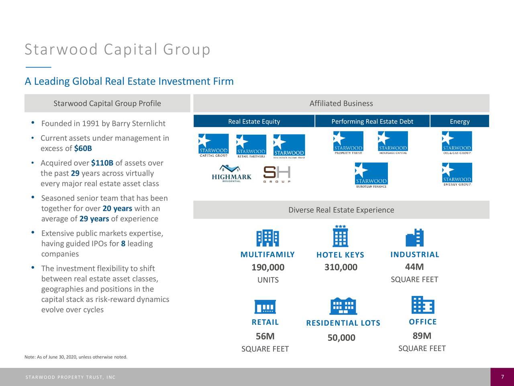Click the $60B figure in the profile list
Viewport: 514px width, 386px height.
83,149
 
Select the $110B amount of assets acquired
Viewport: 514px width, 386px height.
102,163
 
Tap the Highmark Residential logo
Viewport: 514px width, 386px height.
231,174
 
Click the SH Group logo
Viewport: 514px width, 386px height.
277,174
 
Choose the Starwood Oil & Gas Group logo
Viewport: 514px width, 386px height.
457,143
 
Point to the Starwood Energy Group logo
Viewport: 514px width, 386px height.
457,174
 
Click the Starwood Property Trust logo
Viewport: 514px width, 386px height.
348,143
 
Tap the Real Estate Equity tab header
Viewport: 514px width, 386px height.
254,121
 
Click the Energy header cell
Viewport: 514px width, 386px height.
459,121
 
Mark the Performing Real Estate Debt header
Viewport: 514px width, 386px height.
372,121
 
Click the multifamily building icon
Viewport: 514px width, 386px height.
267,238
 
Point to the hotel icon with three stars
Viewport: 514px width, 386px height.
341,236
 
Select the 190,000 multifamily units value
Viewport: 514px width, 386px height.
268,268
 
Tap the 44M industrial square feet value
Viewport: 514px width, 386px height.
414,267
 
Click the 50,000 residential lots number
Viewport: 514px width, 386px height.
341,338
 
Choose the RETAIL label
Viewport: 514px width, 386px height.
265,322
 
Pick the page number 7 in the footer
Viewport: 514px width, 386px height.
502,377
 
